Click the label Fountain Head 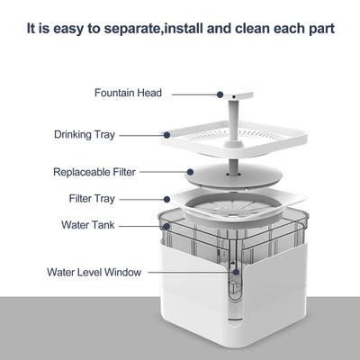point(127,92)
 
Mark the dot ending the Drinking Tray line point(167,135)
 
